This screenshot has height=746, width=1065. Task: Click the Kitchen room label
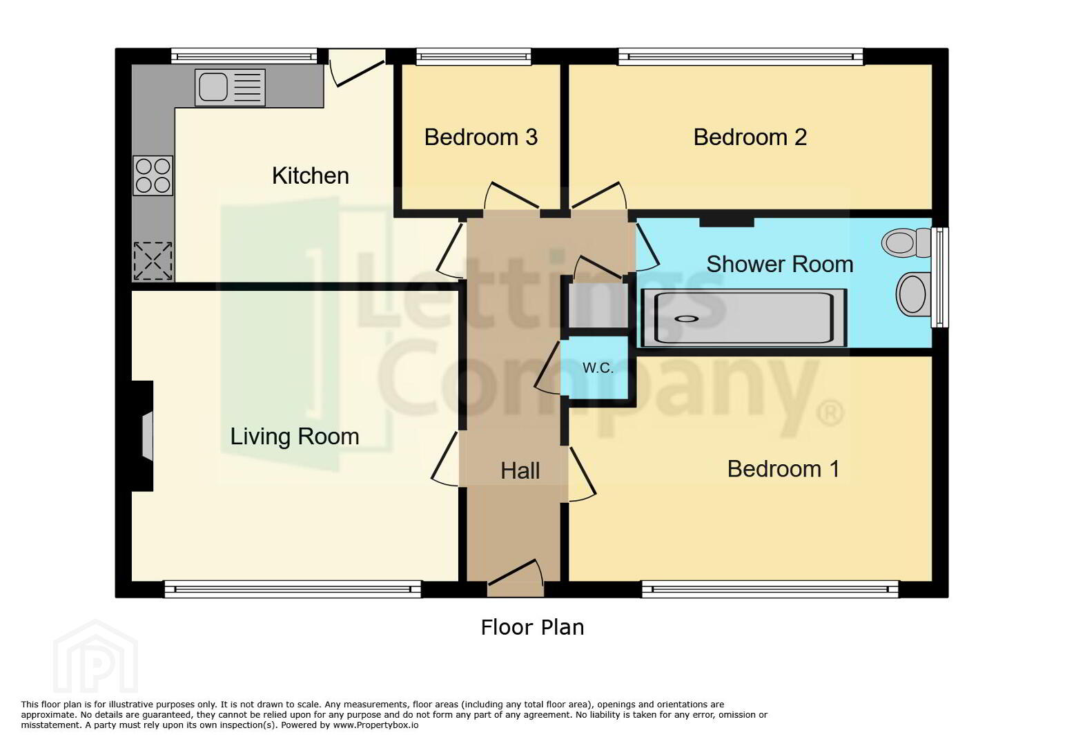coord(311,175)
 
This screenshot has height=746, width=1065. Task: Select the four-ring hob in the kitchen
coord(153,175)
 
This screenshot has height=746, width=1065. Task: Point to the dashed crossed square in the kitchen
coord(153,261)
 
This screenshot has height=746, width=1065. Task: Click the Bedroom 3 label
coord(480,137)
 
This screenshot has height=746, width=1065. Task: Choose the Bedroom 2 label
coord(750,137)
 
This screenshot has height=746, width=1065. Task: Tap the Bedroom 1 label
coord(783,468)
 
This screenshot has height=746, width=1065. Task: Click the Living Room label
coord(295,437)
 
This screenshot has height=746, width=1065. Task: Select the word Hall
coord(520,471)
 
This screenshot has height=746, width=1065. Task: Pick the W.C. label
coord(598,367)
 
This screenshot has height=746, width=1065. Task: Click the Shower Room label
coord(780,264)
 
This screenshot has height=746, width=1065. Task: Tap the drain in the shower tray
coord(687,318)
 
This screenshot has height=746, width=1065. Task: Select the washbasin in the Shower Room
coord(913,294)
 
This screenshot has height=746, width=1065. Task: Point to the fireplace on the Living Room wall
coord(143,436)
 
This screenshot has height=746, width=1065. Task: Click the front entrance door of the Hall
coord(516,578)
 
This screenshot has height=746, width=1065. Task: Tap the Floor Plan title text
coord(533,627)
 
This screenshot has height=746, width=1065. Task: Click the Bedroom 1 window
coord(770,589)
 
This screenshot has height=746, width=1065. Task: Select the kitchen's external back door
coord(357,68)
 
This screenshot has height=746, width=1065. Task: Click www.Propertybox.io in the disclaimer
coord(375,725)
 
